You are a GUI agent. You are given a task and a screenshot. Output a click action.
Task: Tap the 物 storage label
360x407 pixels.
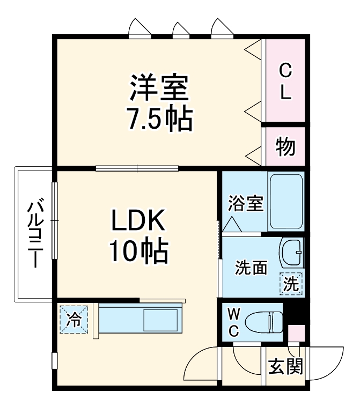point(285,146)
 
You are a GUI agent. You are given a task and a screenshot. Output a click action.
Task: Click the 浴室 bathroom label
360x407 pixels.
point(245,204)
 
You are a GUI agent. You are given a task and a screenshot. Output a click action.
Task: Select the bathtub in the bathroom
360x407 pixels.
point(285,202)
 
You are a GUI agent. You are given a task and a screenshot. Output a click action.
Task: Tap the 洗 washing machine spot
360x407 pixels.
point(291,283)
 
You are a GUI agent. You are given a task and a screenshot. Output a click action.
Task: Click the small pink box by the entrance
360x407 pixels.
point(296,332)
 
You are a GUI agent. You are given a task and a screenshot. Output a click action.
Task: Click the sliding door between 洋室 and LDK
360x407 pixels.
point(137,168)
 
